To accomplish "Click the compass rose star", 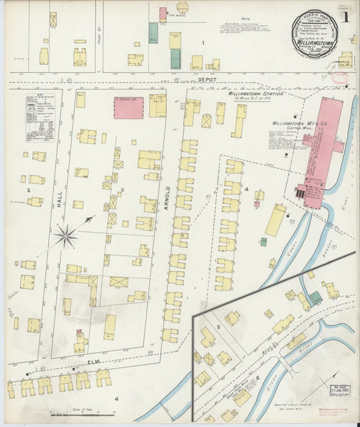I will tap(66, 235).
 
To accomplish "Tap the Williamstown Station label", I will tap(255, 94).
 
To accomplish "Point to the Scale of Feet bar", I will tap(79, 411).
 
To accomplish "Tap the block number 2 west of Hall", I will tap(29, 191).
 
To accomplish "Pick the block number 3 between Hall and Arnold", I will tap(122, 191).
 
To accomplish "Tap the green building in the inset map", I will tap(315, 297).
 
